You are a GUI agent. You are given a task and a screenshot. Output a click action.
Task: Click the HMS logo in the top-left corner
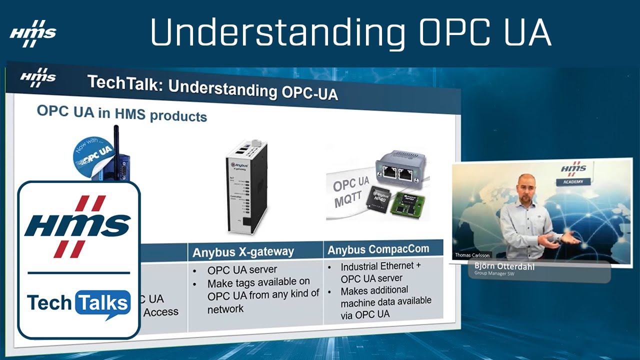(32, 33)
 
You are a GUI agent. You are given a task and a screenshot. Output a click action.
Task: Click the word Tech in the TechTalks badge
(50, 303)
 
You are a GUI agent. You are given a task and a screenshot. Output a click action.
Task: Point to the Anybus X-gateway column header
(243, 252)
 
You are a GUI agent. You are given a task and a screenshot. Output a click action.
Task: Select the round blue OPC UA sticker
(93, 154)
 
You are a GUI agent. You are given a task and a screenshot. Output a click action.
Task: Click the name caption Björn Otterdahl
(504, 266)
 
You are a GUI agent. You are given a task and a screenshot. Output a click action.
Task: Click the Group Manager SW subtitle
(495, 273)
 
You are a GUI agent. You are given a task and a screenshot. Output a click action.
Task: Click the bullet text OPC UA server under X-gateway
(235, 270)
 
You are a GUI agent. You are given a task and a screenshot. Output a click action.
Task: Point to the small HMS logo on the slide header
(37, 77)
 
